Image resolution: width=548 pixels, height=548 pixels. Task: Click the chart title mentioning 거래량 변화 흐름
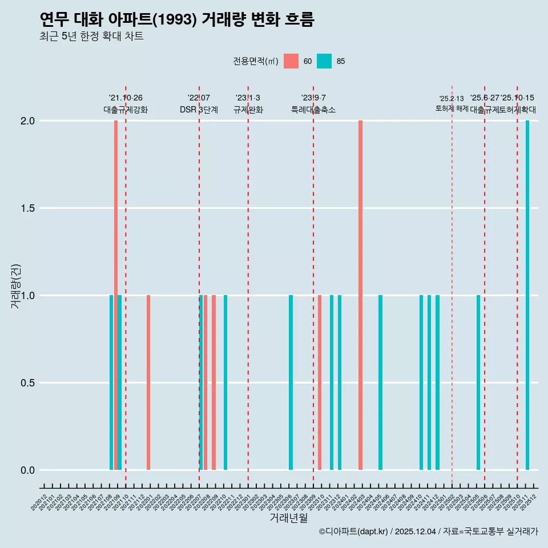177,19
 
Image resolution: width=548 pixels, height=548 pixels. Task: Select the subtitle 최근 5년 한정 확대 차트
91,37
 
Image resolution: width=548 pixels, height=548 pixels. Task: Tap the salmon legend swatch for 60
291,61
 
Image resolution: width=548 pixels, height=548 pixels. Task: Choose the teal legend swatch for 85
324,61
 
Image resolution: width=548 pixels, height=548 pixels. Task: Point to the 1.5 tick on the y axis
27,208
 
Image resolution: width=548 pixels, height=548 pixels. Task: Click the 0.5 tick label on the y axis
27,383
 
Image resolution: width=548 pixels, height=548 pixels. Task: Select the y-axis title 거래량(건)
16,286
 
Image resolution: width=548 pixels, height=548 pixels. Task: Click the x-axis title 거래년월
288,518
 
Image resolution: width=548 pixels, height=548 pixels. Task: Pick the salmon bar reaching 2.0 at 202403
360,295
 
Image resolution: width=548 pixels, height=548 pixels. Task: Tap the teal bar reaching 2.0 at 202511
527,295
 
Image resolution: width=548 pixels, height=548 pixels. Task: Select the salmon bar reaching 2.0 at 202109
116,295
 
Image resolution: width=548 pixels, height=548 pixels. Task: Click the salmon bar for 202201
148,382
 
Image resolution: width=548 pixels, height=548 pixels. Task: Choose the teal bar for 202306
291,382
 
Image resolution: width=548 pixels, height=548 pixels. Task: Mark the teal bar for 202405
380,382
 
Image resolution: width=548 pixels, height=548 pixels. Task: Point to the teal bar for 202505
478,382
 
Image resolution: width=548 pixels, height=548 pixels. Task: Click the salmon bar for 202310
320,382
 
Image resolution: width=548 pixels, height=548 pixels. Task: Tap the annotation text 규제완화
248,110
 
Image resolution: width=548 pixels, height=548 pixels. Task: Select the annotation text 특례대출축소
313,110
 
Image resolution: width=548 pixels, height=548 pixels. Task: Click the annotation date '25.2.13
452,99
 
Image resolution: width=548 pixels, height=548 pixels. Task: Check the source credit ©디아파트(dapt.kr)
353,531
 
